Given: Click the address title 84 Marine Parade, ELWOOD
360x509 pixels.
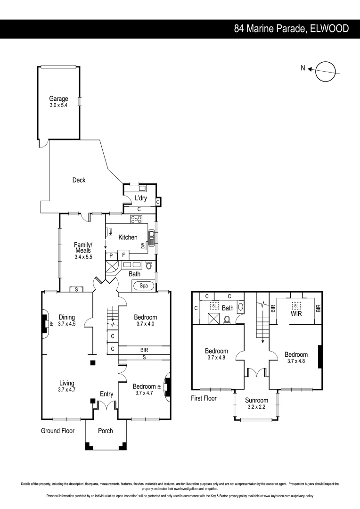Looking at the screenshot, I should click(x=291, y=29).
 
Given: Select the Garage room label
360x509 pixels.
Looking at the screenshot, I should click(x=59, y=99).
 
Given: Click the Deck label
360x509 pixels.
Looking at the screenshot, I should click(x=79, y=180).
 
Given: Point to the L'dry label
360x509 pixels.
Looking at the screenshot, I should click(x=141, y=198).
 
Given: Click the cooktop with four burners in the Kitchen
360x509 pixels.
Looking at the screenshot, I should click(x=137, y=219).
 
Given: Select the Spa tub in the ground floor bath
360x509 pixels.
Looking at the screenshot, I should click(x=142, y=286).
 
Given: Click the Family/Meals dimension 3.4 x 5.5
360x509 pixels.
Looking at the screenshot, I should click(x=83, y=257).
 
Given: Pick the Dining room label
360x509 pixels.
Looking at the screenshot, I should click(x=66, y=317).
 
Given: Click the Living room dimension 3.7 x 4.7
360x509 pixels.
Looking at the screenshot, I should click(x=66, y=390).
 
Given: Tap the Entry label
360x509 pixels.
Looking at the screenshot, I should click(x=106, y=394).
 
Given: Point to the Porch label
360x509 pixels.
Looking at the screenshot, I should click(x=105, y=431).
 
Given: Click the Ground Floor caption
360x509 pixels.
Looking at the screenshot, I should click(x=57, y=431).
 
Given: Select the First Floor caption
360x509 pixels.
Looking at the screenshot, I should click(x=204, y=398).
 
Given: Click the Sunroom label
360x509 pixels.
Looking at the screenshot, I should click(x=256, y=400).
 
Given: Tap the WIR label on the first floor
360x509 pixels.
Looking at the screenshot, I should click(x=296, y=313).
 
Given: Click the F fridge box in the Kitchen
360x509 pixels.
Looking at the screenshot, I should click(x=123, y=255).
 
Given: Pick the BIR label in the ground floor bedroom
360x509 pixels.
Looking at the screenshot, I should click(x=144, y=351).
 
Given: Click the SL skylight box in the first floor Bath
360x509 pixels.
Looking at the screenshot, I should click(x=214, y=305).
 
